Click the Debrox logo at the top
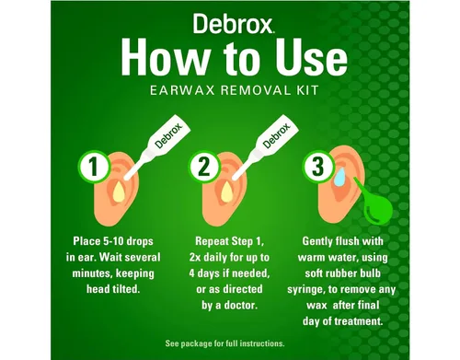click(x=234, y=24)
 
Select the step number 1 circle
click(x=94, y=167)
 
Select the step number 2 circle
click(x=204, y=168)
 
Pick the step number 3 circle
click(x=317, y=166)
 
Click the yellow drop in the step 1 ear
click(x=119, y=193)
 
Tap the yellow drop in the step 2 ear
click(x=227, y=193)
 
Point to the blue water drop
click(x=339, y=178)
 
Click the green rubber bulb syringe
click(x=374, y=204)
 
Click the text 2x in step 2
click(x=195, y=257)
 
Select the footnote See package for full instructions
click(x=224, y=343)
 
